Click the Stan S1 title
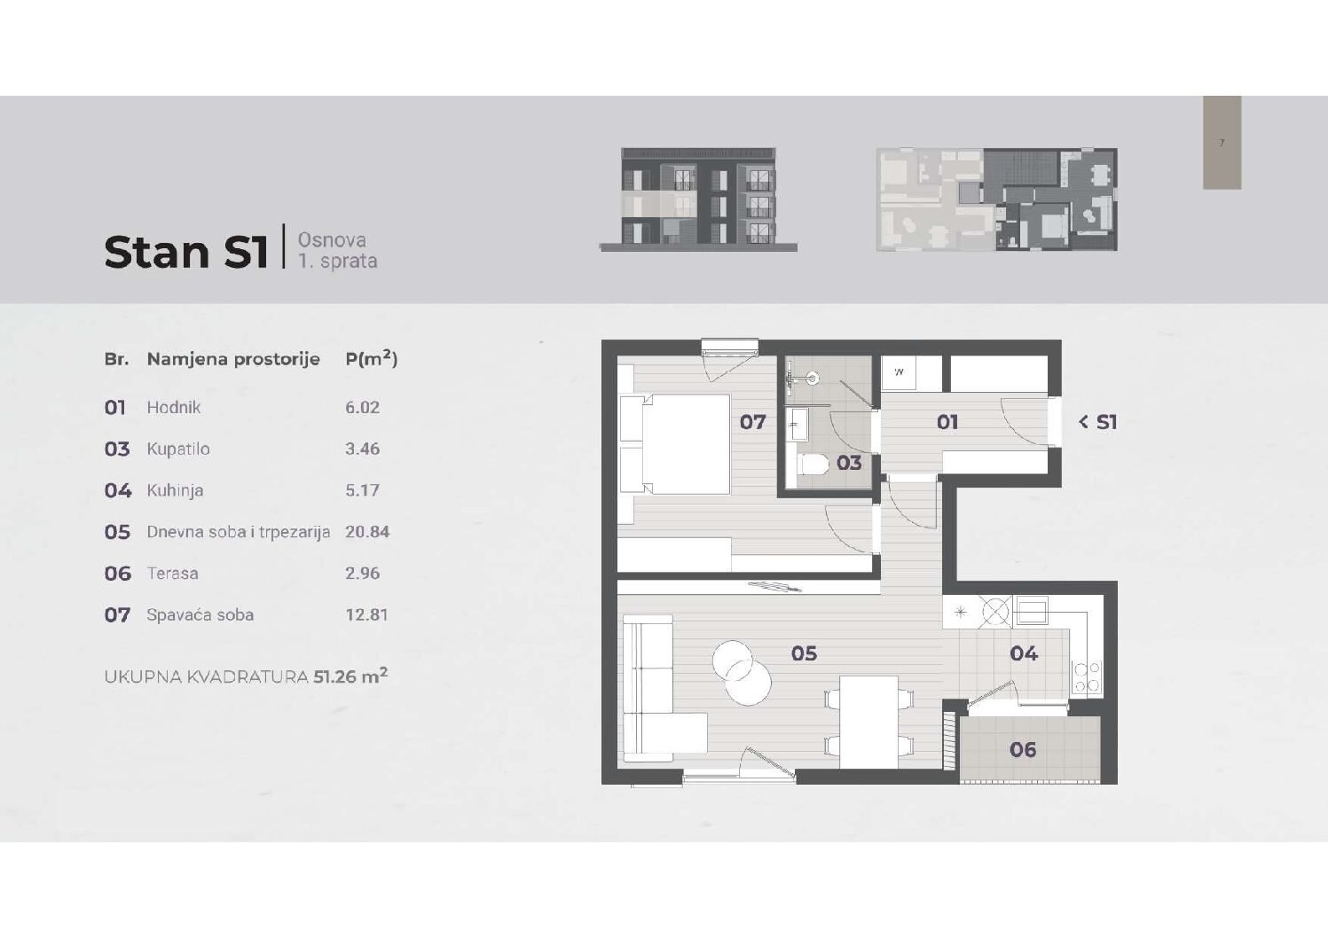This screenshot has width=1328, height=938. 185,252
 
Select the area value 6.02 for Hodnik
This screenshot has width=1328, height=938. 362,408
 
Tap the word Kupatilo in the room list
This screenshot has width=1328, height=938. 178,449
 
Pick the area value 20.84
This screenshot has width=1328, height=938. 367,532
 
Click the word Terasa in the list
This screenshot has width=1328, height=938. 172,573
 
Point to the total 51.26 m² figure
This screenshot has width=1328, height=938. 350,676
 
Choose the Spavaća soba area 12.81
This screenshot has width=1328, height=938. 366,614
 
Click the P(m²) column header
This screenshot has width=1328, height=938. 371,358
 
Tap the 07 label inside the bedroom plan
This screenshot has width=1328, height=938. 752,422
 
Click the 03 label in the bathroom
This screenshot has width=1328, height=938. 848,463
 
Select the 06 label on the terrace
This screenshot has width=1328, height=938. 1023,749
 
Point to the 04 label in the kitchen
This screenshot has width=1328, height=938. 1024,653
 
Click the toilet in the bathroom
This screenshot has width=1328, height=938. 813,465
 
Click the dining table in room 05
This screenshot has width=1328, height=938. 868,723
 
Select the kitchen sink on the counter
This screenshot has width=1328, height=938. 1033,612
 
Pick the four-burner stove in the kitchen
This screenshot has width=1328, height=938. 1087,677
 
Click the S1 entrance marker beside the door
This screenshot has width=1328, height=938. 1098,422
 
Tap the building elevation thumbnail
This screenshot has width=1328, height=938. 698,199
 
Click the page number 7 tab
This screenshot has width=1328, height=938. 1222,143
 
